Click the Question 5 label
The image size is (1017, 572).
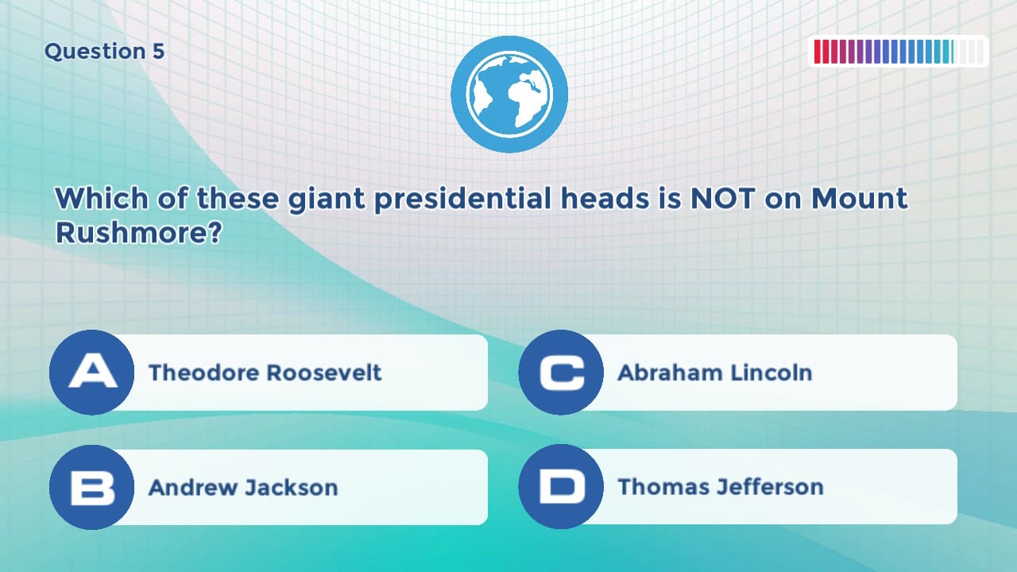104,52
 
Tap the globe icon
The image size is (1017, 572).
509,94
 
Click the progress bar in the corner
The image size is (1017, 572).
899,52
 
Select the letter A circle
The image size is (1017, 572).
92,373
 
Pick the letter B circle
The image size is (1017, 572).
92,487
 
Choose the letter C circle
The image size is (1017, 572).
561,373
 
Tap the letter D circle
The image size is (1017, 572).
561,487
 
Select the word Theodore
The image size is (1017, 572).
203,373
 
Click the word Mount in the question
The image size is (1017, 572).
859,199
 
